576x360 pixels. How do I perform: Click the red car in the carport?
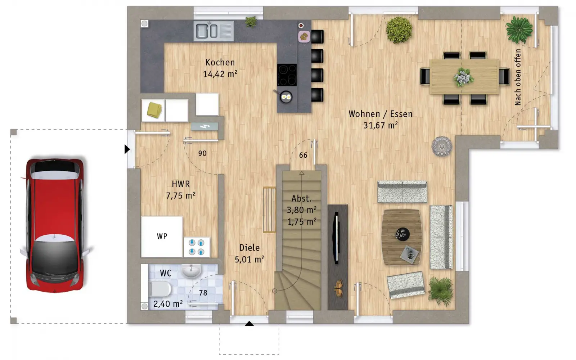tap(55, 225)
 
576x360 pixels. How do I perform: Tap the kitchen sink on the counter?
tap(214, 31)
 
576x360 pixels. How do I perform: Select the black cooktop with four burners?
tap(287, 75)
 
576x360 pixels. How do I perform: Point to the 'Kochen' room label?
tap(220, 62)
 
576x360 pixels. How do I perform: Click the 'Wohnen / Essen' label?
tap(380, 114)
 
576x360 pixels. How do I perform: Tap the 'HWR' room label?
tap(181, 184)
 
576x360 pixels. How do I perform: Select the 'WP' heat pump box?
tap(162, 237)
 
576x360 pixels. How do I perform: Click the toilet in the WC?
tap(161, 288)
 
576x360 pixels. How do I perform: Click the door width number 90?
tap(202, 153)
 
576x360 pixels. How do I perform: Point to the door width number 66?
tap(303, 155)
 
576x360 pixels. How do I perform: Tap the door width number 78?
tap(203, 293)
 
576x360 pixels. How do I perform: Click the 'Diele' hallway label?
tap(249, 248)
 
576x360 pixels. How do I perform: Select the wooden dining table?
tap(464, 77)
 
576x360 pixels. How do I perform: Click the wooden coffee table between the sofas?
tap(401, 237)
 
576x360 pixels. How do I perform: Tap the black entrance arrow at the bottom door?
tap(249, 324)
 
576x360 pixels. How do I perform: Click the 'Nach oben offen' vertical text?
tap(518, 77)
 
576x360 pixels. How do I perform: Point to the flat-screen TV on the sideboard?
tap(336, 238)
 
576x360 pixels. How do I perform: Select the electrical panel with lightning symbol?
tap(204, 126)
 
